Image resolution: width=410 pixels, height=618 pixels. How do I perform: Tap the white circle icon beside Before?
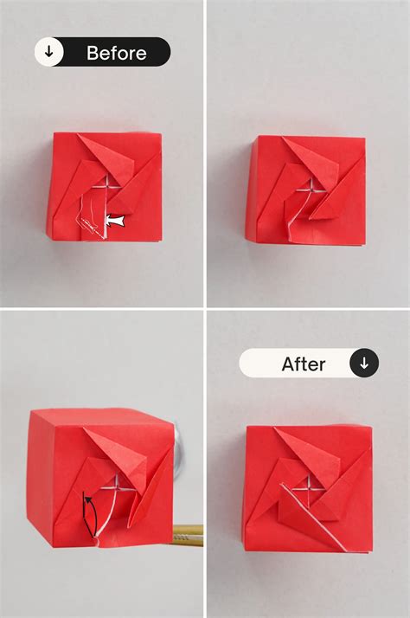[x=49, y=53]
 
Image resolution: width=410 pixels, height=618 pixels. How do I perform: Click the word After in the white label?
[x=303, y=364]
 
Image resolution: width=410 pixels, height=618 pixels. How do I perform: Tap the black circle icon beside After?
[x=363, y=364]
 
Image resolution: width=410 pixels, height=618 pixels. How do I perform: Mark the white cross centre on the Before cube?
[x=106, y=189]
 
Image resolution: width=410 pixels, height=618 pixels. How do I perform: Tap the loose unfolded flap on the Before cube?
[x=91, y=216]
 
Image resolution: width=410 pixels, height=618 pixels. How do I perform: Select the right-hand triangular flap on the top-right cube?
[x=333, y=195]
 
